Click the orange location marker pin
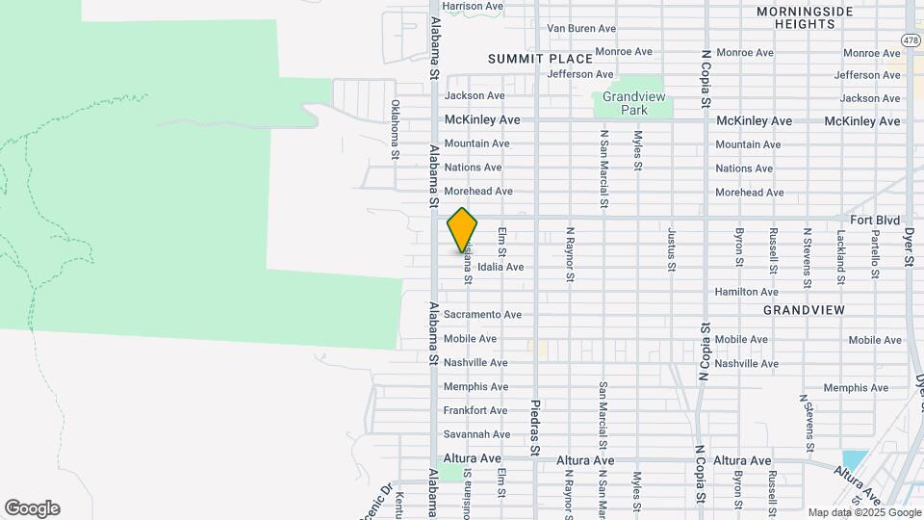pyautogui.click(x=462, y=229)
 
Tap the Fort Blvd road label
pyautogui.click(x=875, y=221)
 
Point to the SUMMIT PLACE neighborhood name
pyautogui.click(x=540, y=59)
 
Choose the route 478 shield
pyautogui.click(x=911, y=39)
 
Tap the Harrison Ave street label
pyautogui.click(x=474, y=6)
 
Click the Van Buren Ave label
pyautogui.click(x=581, y=29)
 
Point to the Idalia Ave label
pyautogui.click(x=500, y=267)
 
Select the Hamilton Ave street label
pyautogui.click(x=746, y=292)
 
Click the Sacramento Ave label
pyautogui.click(x=482, y=315)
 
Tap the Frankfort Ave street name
pyautogui.click(x=475, y=411)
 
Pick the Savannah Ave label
pyautogui.click(x=476, y=435)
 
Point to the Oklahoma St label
pyautogui.click(x=395, y=129)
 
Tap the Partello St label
pyautogui.click(x=875, y=254)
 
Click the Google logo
pyautogui.click(x=32, y=508)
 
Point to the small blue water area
pyautogui.click(x=853, y=460)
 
